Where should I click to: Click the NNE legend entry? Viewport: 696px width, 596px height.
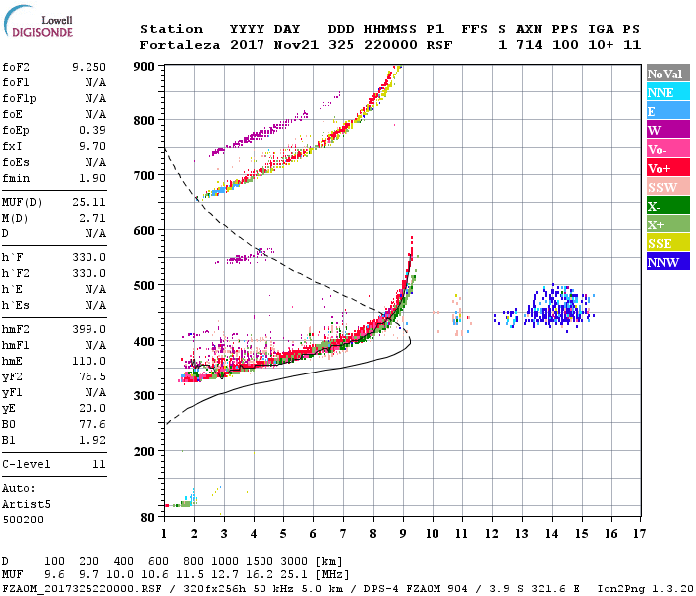pos(666,92)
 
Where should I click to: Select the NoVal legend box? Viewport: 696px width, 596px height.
pos(666,74)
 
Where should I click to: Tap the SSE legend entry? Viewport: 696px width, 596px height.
pos(666,244)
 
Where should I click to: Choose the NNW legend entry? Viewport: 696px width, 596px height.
pos(666,263)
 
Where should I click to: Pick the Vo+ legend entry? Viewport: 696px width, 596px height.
pos(666,169)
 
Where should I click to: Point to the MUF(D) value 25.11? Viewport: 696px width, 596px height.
pos(88,203)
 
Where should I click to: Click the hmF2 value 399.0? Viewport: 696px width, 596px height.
pos(88,329)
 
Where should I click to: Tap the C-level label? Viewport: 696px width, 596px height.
pos(25,464)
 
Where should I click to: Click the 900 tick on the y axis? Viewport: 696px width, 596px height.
pos(145,66)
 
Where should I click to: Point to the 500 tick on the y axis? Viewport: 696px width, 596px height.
pos(145,286)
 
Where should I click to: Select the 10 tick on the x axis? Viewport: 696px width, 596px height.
pos(433,534)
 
